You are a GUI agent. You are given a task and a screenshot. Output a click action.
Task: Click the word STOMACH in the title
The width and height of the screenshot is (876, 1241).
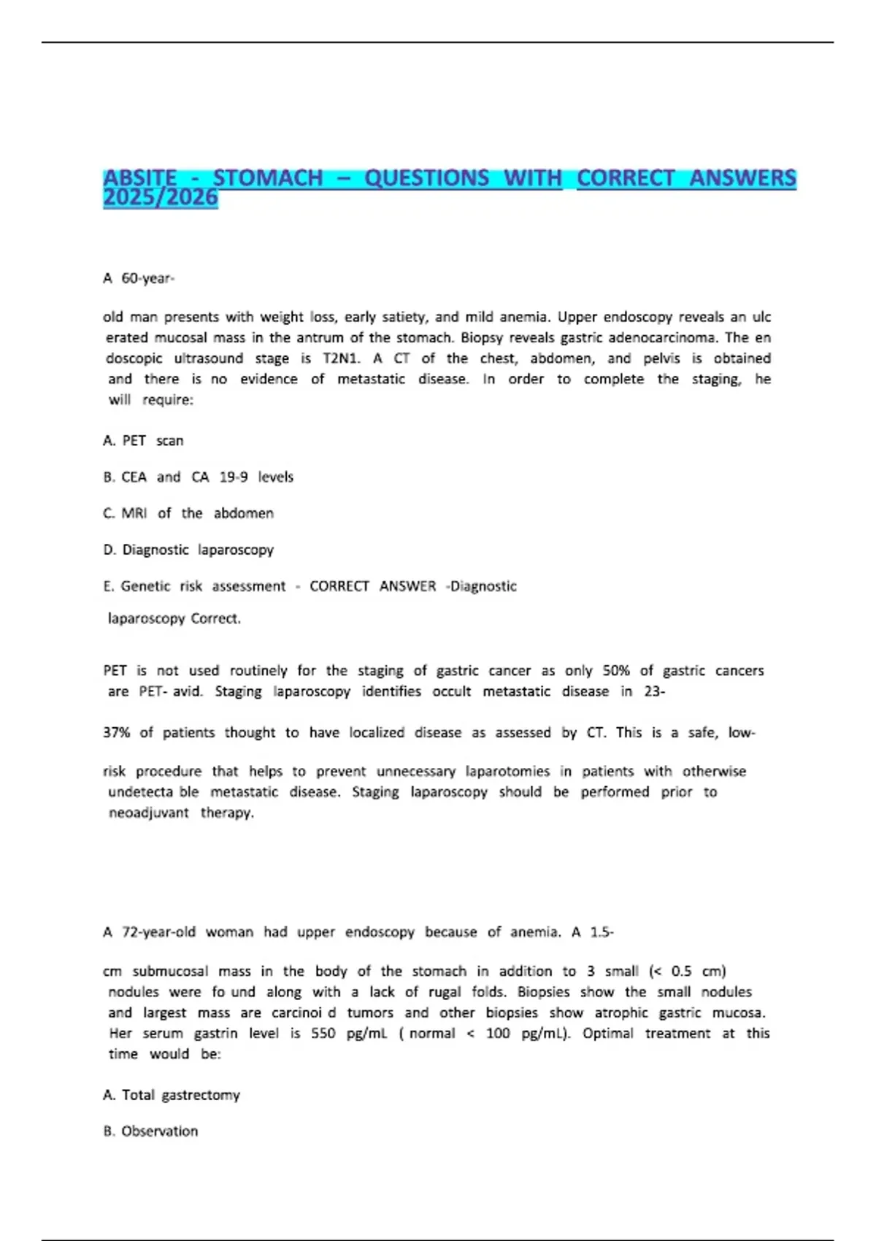click(x=267, y=177)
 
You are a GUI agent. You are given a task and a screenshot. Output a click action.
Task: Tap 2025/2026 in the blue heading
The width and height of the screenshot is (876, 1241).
click(x=161, y=197)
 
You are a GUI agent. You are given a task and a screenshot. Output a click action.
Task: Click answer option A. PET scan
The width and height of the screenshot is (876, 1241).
click(x=143, y=441)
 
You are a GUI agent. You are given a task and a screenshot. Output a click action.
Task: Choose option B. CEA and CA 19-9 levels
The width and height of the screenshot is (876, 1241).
click(x=198, y=477)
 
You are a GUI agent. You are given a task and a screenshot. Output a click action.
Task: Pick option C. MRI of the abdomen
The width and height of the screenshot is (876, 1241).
click(x=188, y=514)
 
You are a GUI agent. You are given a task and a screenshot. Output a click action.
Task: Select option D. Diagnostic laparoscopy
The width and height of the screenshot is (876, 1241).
click(x=188, y=550)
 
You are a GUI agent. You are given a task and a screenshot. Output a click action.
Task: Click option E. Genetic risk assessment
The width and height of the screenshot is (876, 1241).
click(x=194, y=586)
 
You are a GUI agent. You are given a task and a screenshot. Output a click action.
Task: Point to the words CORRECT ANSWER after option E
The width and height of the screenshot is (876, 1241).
click(x=372, y=586)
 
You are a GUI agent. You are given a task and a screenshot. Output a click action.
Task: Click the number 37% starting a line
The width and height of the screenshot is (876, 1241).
click(x=117, y=733)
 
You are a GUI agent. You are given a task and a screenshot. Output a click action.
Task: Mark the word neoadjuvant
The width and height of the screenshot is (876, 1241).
click(x=148, y=813)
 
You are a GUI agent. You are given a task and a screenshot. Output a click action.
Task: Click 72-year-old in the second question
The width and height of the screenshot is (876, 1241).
click(x=158, y=932)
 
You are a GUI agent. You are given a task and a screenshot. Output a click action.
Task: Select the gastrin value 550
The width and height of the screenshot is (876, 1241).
click(x=323, y=1034)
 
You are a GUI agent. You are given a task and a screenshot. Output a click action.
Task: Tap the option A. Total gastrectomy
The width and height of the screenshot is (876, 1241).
click(x=172, y=1095)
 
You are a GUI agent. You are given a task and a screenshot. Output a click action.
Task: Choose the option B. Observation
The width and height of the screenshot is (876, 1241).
click(x=150, y=1131)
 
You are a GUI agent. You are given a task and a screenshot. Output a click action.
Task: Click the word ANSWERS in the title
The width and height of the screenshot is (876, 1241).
click(x=742, y=177)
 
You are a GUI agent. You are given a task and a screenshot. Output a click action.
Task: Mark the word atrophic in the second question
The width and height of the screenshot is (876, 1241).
click(x=620, y=1013)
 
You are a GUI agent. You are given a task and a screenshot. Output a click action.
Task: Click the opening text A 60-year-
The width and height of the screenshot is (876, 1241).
click(x=139, y=278)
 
